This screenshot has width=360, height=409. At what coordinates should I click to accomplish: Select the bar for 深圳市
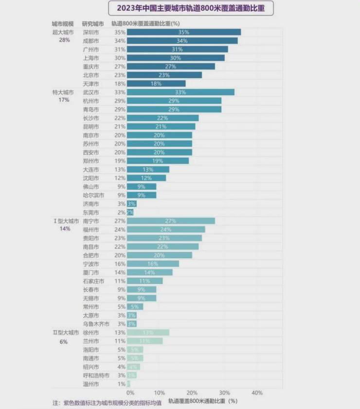pyautogui.click(x=183, y=32)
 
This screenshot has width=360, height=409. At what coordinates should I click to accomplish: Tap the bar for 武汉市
pyautogui.click(x=180, y=92)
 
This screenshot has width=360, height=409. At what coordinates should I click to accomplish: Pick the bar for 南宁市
pyautogui.click(x=171, y=221)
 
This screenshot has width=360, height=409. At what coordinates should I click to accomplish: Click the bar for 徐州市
pyautogui.click(x=148, y=333)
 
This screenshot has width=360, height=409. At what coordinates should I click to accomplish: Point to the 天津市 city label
pyautogui.click(x=91, y=84)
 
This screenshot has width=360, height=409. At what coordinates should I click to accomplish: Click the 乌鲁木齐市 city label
pyautogui.click(x=96, y=324)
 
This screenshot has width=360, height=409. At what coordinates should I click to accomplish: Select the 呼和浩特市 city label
pyautogui.click(x=96, y=375)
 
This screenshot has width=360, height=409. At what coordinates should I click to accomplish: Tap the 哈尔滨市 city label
pyautogui.click(x=93, y=195)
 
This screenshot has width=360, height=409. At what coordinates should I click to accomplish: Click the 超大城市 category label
pyautogui.click(x=63, y=32)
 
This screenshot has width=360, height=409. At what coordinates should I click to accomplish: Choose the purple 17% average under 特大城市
pyautogui.click(x=63, y=100)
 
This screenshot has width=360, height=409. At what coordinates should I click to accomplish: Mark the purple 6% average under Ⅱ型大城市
pyautogui.click(x=64, y=341)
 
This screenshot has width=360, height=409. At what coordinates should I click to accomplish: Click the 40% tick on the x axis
pyautogui.click(x=257, y=392)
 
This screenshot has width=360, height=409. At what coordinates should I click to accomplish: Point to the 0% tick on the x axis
pyautogui.click(x=130, y=392)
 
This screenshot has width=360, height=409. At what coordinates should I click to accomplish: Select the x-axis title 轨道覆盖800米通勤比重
pyautogui.click(x=202, y=401)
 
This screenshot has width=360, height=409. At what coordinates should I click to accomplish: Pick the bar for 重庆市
pyautogui.click(x=171, y=66)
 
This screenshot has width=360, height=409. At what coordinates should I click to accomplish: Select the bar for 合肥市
pyautogui.click(x=160, y=255)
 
